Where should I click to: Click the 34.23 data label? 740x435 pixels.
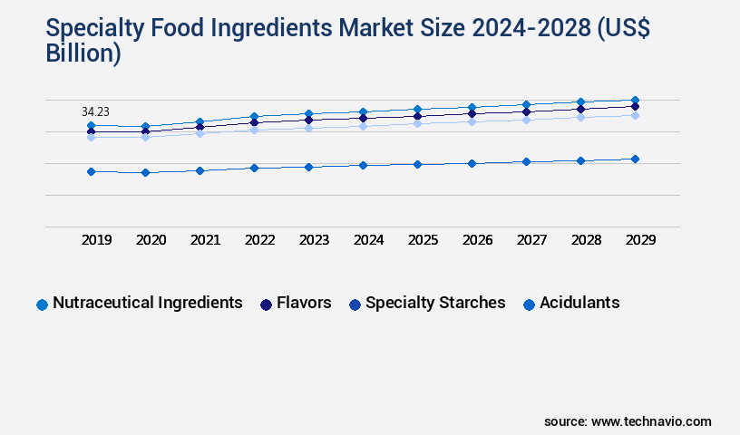(95, 111)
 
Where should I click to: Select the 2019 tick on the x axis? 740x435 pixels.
(96, 240)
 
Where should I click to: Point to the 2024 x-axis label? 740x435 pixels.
(368, 240)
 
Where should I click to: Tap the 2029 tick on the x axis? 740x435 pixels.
(640, 240)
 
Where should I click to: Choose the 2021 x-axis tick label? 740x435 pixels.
(205, 240)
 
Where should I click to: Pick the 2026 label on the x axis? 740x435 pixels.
(477, 240)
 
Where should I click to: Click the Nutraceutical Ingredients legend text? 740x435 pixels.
(147, 303)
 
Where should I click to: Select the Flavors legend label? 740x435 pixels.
(304, 303)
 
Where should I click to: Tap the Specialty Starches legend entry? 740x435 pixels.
(435, 303)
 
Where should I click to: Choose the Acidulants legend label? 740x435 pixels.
(579, 303)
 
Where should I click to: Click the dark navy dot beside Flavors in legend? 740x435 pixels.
(266, 304)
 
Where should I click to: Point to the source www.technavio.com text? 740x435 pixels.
(628, 421)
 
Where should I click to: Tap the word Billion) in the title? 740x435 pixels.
(83, 53)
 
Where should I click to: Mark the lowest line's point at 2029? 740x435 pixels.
(635, 159)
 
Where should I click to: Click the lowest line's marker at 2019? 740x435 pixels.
(91, 171)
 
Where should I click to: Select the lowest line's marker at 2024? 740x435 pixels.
(363, 165)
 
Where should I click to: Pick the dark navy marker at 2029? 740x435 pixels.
(635, 106)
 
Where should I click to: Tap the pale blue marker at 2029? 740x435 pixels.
(635, 115)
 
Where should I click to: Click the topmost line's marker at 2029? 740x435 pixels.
(635, 100)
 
